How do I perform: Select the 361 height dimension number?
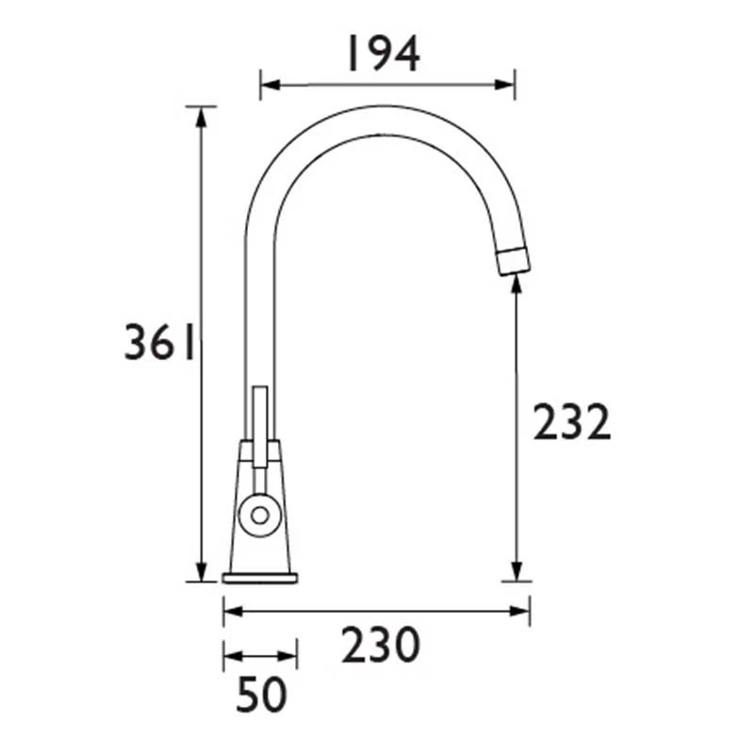[x=159, y=344]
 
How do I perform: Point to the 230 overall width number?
[x=380, y=647]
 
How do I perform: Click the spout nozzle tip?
[x=512, y=260]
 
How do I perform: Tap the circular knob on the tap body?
[x=257, y=515]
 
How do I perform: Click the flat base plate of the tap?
[x=260, y=576]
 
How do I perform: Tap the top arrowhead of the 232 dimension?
[x=516, y=283]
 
